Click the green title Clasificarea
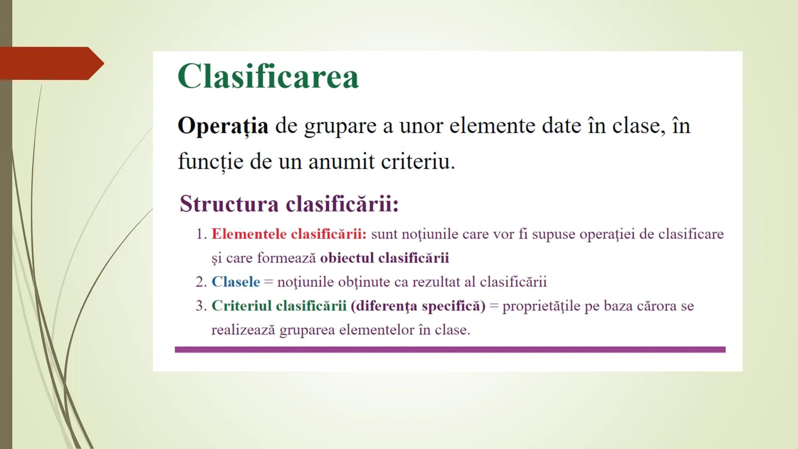click(x=268, y=76)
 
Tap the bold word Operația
click(x=223, y=126)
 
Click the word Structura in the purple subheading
click(x=229, y=204)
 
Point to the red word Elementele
click(x=249, y=234)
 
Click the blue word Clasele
click(x=236, y=282)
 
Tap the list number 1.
click(x=200, y=234)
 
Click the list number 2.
click(x=200, y=282)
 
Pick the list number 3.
click(x=200, y=306)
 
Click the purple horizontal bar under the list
click(x=450, y=350)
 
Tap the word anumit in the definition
click(x=341, y=161)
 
